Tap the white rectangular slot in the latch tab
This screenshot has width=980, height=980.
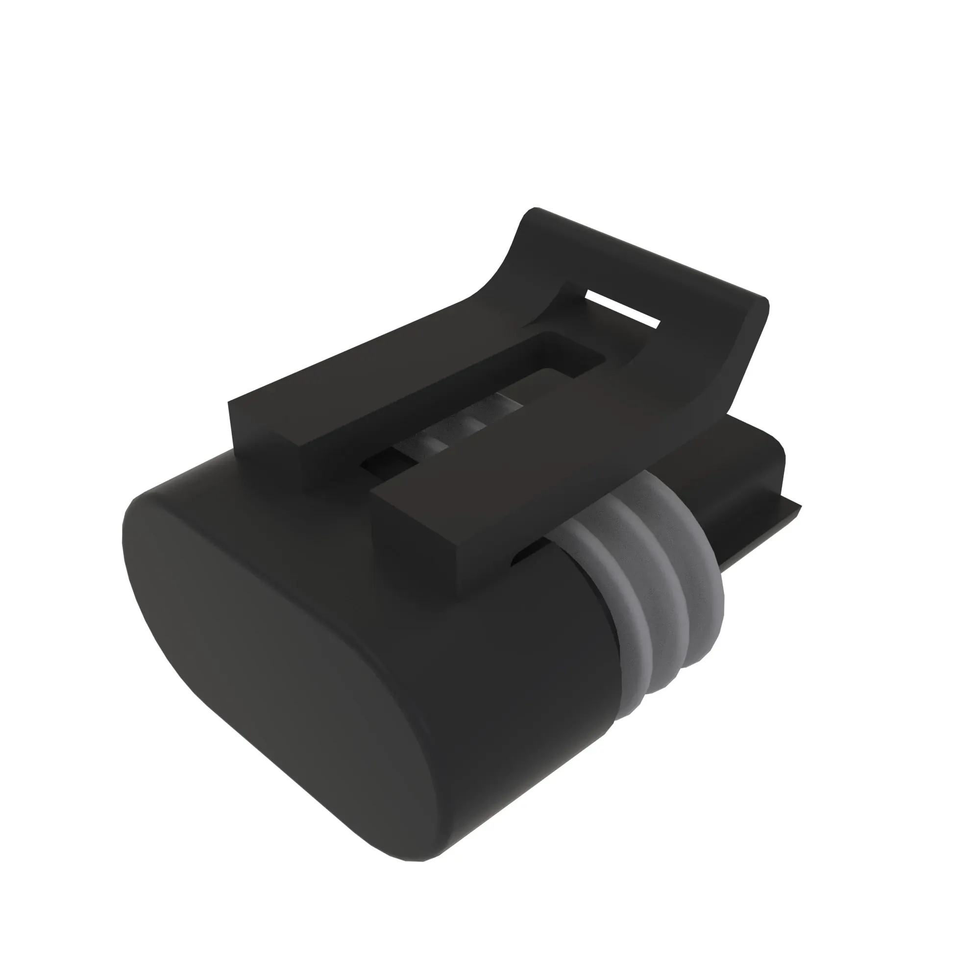tap(622, 308)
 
